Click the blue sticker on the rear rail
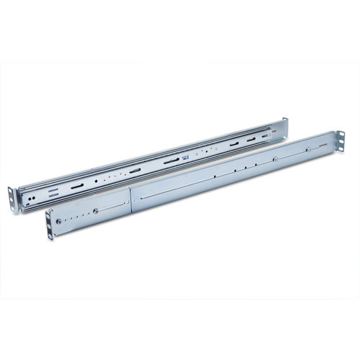tap(185, 156)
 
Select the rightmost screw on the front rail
tap(308, 150)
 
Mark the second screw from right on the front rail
tap(275, 159)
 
